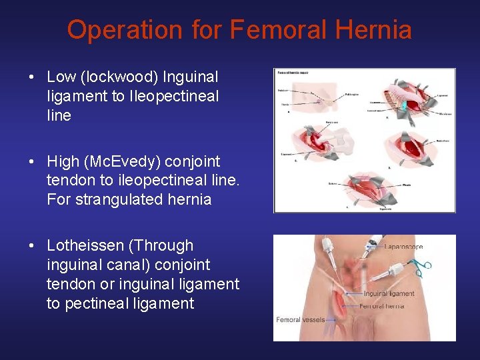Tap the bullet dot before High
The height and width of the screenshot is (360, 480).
[x=32, y=162]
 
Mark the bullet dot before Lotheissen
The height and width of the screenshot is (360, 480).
[x=32, y=246]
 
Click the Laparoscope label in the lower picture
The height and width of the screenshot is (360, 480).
[x=403, y=247]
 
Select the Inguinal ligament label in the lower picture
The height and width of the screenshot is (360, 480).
[x=389, y=293]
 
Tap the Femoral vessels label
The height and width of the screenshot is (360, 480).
[x=301, y=320]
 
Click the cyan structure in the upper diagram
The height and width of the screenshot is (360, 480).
[x=403, y=104]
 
